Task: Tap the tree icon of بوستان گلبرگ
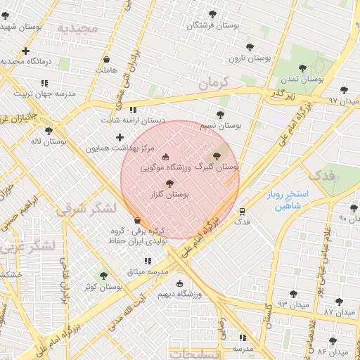(x=215, y=156)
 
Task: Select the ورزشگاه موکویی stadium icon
(x=165, y=157)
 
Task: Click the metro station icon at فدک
(x=243, y=210)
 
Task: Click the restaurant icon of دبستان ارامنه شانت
(x=134, y=110)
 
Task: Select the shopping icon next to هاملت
(x=106, y=59)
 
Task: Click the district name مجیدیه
(x=77, y=30)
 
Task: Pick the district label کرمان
(x=214, y=83)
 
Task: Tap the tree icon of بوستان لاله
(x=49, y=131)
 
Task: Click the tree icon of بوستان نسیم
(x=220, y=114)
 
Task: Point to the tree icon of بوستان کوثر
(x=104, y=276)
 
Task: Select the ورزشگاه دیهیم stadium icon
(x=180, y=284)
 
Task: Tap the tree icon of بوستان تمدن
(x=302, y=68)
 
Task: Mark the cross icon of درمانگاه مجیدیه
(x=25, y=51)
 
